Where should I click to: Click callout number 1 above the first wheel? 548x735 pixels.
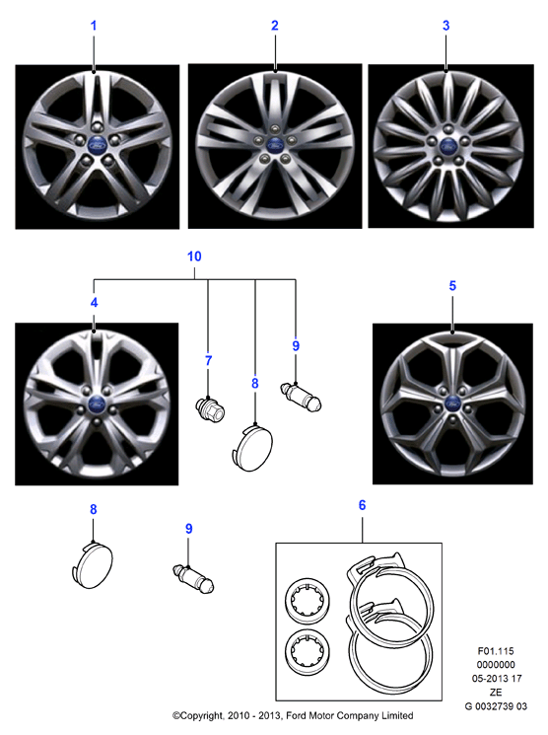(x=94, y=26)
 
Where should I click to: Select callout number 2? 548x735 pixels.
(x=275, y=26)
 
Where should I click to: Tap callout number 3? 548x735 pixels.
(x=445, y=26)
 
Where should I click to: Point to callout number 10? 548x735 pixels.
(x=194, y=257)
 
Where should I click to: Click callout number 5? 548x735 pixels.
(x=452, y=285)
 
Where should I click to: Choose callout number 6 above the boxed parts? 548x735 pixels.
(x=362, y=505)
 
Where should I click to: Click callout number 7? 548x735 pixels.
(x=208, y=360)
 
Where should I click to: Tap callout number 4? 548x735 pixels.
(x=95, y=302)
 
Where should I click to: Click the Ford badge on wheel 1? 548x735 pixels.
(x=97, y=144)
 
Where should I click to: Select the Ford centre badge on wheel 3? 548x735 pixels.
(x=448, y=146)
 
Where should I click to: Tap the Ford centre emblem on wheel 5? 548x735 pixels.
(x=452, y=403)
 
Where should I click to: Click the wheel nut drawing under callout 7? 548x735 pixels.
(x=210, y=408)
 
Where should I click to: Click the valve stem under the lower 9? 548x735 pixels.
(x=193, y=578)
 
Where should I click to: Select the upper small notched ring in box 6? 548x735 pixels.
(x=308, y=600)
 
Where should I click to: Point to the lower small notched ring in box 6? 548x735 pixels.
(x=308, y=651)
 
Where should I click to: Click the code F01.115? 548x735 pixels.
(x=496, y=651)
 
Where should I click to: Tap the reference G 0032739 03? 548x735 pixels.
(x=496, y=706)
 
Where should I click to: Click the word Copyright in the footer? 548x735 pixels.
(x=198, y=716)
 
